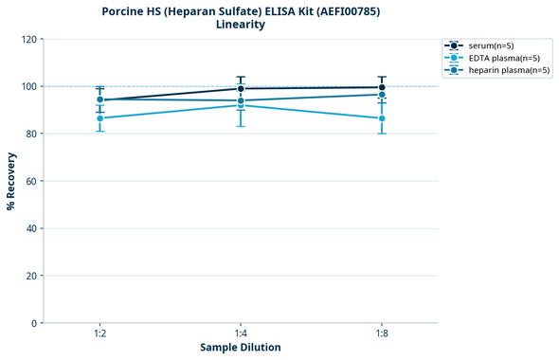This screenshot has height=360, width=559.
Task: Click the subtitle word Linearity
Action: click(241, 25)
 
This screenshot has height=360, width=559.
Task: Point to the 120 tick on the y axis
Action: click(31, 39)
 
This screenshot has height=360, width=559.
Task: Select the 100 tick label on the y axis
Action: click(31, 86)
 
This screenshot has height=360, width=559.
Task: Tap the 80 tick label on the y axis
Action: click(33, 134)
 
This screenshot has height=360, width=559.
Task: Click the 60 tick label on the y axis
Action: click(33, 181)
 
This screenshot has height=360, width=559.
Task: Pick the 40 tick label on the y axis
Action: click(33, 228)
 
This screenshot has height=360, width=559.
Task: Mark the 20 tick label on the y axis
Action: click(33, 276)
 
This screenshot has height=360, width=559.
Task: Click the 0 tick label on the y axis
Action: click(36, 323)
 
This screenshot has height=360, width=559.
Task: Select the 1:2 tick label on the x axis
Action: click(99, 334)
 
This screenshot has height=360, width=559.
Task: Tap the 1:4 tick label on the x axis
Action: click(241, 334)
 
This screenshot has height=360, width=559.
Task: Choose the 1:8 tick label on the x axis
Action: click(381, 334)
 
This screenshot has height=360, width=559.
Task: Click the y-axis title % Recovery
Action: click(11, 181)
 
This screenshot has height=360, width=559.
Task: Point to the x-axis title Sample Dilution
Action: click(241, 348)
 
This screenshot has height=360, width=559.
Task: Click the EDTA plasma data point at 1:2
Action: click(99, 118)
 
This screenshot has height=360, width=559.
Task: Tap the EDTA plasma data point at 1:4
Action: click(241, 105)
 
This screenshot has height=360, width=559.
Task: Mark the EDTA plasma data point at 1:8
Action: click(381, 118)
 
